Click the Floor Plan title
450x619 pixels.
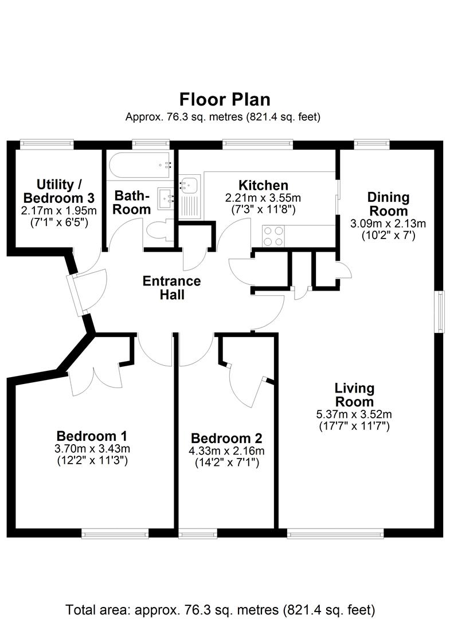click(x=225, y=99)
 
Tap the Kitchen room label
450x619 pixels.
click(x=263, y=185)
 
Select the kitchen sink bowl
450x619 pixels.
click(x=189, y=185)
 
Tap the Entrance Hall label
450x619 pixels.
click(x=171, y=288)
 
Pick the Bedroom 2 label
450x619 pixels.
click(x=226, y=438)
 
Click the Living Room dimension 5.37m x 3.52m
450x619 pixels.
click(x=354, y=414)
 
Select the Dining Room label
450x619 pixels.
click(x=388, y=204)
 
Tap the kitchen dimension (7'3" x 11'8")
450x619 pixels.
click(x=263, y=210)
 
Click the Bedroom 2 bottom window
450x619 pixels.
click(x=198, y=533)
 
